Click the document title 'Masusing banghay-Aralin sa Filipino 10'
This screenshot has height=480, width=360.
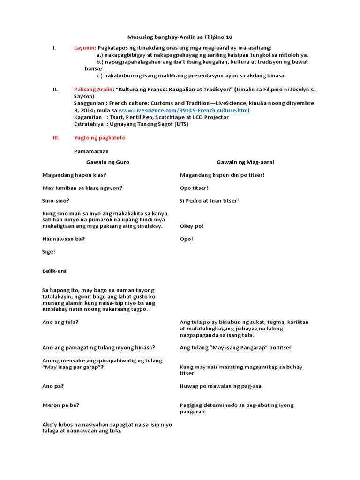[180, 37]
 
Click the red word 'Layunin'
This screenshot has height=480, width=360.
[85, 48]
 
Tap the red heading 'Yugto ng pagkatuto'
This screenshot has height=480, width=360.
[100, 138]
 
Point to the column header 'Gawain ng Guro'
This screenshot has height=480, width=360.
[107, 162]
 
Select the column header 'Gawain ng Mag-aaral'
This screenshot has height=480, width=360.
[245, 162]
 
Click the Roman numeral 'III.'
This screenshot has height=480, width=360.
[56, 138]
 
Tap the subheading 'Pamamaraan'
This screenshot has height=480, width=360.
[91, 151]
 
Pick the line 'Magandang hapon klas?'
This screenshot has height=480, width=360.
[74, 175]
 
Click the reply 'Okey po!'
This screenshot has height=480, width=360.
[192, 226]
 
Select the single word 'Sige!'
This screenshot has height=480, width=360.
[49, 252]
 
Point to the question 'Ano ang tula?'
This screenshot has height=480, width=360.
[60, 322]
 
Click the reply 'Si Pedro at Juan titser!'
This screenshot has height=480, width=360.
[210, 201]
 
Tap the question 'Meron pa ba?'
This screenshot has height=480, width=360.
[60, 405]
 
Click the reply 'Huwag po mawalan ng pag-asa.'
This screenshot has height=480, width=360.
[221, 386]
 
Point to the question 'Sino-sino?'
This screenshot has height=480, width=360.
[56, 201]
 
